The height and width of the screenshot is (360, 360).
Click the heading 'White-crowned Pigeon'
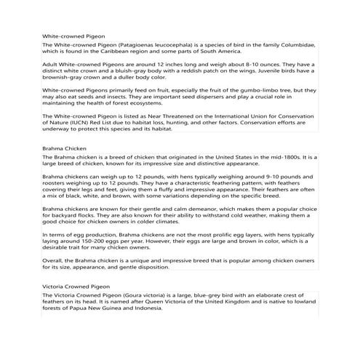(73, 35)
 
